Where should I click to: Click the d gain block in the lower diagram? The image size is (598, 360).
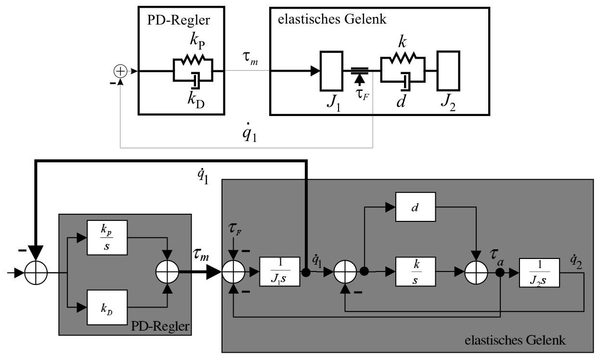[x=416, y=207]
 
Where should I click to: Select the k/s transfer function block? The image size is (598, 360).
[x=416, y=271]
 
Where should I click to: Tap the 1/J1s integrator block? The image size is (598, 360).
[x=280, y=271]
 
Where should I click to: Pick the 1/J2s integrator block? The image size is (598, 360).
[x=539, y=272]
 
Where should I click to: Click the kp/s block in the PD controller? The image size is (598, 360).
[x=107, y=237]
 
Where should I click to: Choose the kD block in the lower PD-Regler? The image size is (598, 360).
[x=107, y=308]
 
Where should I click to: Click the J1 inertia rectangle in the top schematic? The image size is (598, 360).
[x=331, y=71]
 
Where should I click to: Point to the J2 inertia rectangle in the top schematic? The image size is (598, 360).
[x=448, y=71]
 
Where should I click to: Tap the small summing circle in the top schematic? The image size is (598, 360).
[x=120, y=71]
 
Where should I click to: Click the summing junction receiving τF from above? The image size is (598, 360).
[x=234, y=272]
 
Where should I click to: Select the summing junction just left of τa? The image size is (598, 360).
[x=476, y=272]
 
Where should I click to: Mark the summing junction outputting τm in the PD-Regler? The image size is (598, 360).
[x=167, y=272]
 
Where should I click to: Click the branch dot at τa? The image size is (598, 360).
[x=500, y=272]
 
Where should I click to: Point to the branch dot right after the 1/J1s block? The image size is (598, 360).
[x=306, y=272]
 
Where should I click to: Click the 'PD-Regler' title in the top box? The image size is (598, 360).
[x=179, y=20]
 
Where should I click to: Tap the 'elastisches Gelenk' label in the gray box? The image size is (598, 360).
[x=515, y=340]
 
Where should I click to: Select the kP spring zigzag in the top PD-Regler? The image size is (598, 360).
[x=193, y=60]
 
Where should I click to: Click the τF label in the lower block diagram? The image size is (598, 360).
[x=235, y=229]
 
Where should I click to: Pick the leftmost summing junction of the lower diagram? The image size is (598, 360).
[x=36, y=273]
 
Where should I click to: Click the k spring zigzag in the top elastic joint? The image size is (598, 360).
[x=403, y=58]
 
